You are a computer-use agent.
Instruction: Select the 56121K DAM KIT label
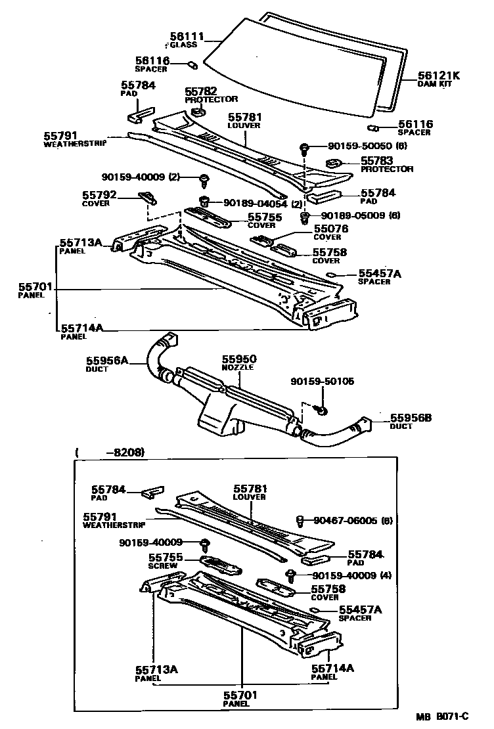[x=438, y=76]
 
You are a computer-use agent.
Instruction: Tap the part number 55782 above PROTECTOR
[x=200, y=91]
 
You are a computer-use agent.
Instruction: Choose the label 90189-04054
[x=251, y=203]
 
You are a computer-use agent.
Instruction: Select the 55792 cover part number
[x=99, y=194]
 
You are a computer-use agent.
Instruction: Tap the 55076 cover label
[x=330, y=229]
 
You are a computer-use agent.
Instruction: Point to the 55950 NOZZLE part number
[x=238, y=359]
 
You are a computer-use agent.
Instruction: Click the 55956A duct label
[x=107, y=360]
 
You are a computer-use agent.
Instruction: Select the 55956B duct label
[x=411, y=418]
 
